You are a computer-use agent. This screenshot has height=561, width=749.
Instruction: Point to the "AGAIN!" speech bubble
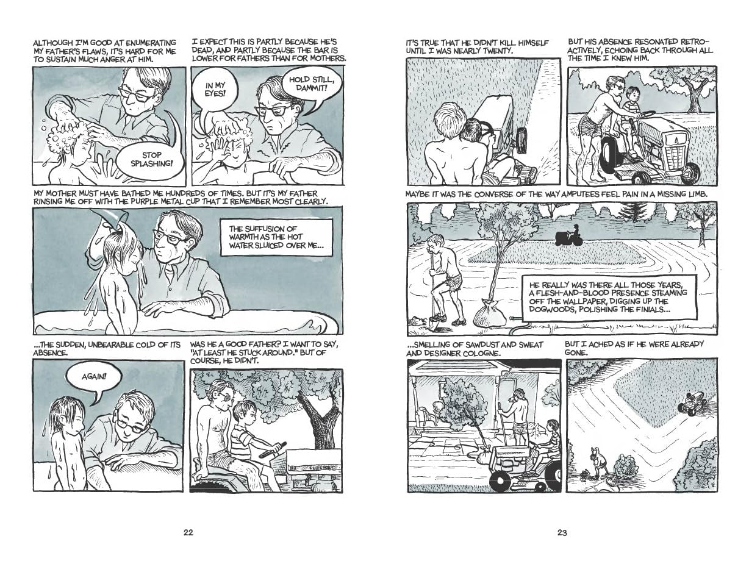(93, 377)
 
